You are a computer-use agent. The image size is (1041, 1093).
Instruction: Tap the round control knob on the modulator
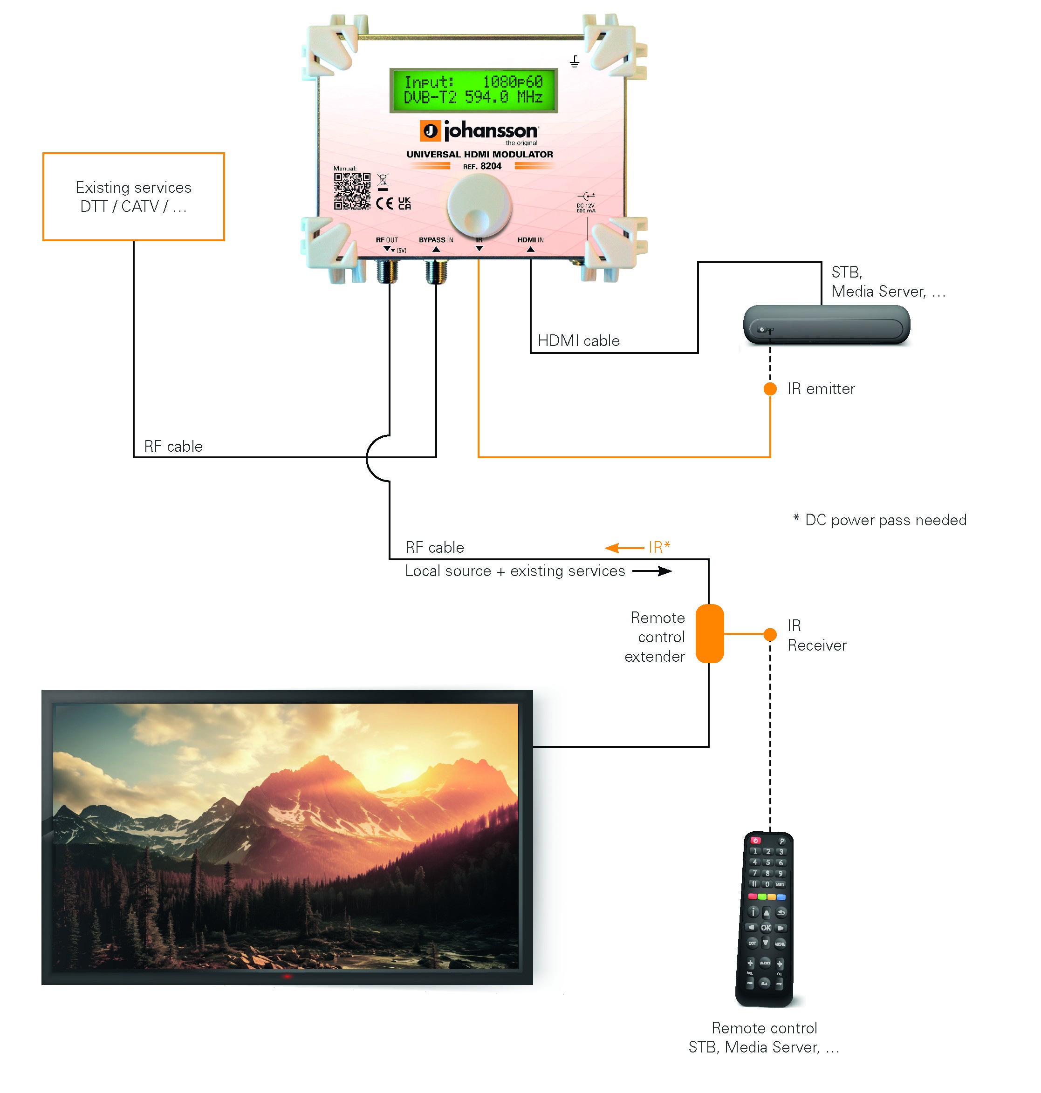click(479, 206)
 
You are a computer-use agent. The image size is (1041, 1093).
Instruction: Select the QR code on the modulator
click(352, 191)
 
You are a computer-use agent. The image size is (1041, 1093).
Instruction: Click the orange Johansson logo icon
click(430, 131)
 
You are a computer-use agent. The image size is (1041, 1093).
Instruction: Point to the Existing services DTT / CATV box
click(134, 197)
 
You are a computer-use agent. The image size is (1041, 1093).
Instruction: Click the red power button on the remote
click(755, 840)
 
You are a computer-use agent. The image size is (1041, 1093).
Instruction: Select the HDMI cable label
click(578, 340)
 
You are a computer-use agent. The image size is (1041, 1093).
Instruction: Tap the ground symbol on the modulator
click(575, 61)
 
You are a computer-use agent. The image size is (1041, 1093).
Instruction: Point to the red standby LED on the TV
click(287, 976)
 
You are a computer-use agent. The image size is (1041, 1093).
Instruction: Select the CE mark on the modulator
click(384, 203)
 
